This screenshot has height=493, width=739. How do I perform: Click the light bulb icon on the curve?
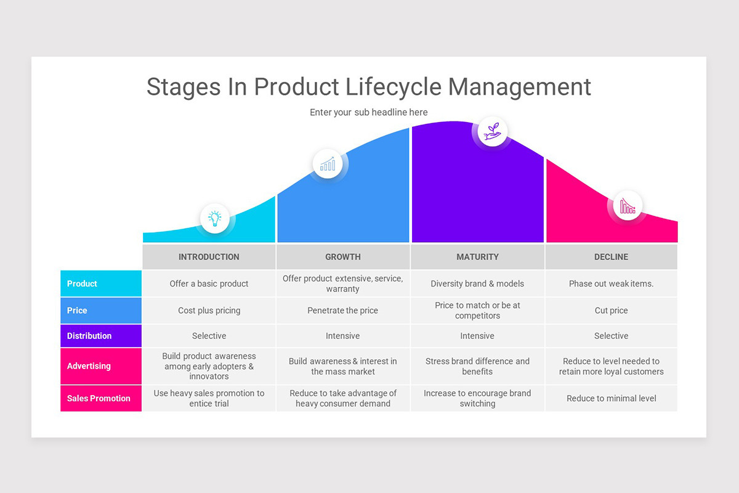point(215,218)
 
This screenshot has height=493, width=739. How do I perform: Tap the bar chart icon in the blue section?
point(328,163)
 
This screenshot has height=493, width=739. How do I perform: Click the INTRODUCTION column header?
point(209,257)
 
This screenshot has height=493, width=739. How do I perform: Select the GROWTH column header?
point(343,257)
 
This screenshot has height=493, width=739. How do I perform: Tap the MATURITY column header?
point(477,257)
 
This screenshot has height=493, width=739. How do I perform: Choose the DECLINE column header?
point(611,257)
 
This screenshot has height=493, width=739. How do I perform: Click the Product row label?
point(83,284)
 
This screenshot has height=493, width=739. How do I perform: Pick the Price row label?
point(77,311)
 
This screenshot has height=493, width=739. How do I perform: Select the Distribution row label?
point(89,336)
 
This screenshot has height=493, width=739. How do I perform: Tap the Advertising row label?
point(89,366)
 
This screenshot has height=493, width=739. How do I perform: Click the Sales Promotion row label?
point(99,398)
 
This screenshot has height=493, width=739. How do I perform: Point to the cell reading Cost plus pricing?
point(209,311)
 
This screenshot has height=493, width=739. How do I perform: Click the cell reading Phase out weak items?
point(611,284)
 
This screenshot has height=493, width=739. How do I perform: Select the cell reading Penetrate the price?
point(343,311)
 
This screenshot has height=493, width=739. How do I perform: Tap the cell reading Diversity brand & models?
point(477,284)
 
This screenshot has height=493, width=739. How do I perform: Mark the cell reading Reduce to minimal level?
point(611,398)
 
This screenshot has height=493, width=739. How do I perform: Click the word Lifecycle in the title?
point(393,87)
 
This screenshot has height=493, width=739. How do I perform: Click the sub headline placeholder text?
point(368,112)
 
